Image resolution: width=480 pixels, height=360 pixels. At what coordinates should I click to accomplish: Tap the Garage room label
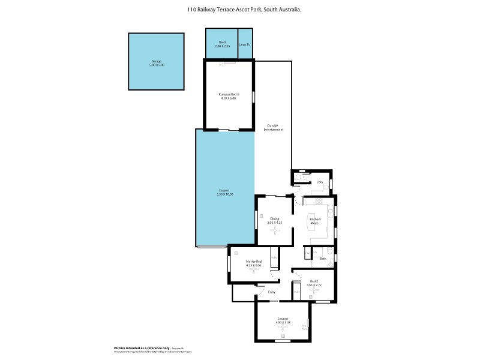click(156, 61)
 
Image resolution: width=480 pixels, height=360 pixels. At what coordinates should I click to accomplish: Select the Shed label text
click(221, 43)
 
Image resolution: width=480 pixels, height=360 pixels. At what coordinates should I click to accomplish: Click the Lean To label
click(245, 44)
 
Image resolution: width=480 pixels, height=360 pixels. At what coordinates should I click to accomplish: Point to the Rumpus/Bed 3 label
click(229, 94)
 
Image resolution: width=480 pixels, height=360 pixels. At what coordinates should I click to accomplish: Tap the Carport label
click(225, 191)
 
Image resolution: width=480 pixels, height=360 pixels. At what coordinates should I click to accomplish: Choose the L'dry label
click(320, 182)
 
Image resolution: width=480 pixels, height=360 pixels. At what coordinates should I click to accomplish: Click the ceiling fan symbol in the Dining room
click(275, 230)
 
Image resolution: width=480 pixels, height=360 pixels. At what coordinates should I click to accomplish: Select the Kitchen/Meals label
click(316, 221)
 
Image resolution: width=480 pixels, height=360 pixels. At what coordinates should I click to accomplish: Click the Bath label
click(323, 259)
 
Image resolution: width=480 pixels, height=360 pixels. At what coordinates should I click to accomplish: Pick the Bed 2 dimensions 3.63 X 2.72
click(314, 284)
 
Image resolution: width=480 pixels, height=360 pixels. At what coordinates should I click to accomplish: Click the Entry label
click(272, 292)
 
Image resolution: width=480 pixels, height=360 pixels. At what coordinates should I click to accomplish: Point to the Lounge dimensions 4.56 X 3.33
click(283, 323)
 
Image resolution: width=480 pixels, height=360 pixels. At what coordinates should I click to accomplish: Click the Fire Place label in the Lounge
click(305, 328)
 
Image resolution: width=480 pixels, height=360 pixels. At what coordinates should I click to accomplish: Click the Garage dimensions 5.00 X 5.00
click(156, 65)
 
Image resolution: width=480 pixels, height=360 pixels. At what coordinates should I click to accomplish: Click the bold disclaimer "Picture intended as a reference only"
click(142, 348)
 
